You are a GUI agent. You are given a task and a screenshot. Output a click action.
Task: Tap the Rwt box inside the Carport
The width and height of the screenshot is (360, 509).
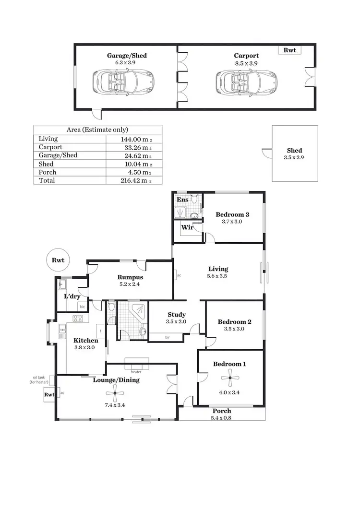point(289,49)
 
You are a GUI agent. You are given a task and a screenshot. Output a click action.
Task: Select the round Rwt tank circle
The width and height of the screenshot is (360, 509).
point(58,260)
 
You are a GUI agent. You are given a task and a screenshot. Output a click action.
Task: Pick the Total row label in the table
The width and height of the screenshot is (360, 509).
point(47,180)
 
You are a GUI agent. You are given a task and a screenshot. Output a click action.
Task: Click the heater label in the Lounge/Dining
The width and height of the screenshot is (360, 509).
point(136,371)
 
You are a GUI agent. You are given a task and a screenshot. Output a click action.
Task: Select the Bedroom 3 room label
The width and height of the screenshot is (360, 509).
point(232,214)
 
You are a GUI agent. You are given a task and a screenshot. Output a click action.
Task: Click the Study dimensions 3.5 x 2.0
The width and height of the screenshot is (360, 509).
point(177,322)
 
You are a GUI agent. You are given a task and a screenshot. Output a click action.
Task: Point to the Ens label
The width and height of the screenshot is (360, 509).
point(182,200)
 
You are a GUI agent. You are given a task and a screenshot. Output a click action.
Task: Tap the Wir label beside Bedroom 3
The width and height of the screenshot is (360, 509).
point(187,227)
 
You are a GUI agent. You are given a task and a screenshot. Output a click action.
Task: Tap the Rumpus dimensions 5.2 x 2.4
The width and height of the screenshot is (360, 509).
point(131,284)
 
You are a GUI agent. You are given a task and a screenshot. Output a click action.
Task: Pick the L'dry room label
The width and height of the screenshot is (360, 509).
point(72,296)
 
